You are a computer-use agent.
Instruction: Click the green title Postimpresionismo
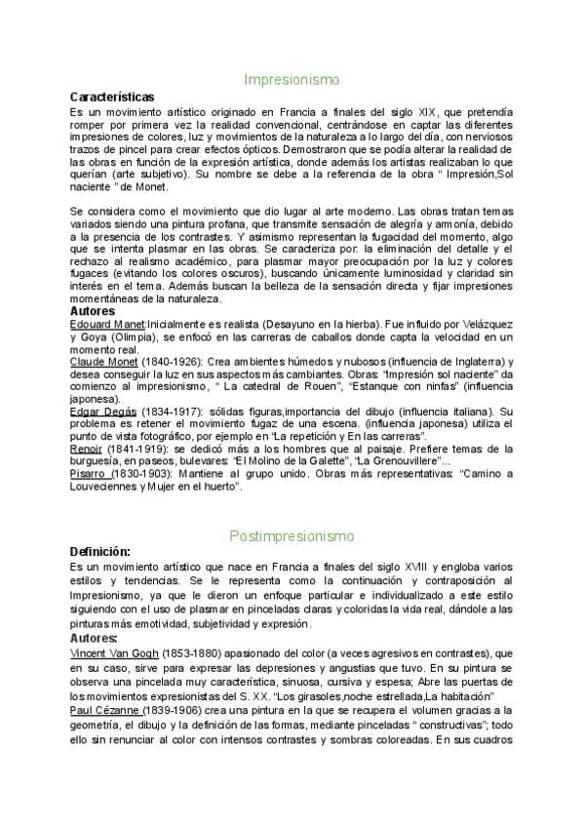point(292,535)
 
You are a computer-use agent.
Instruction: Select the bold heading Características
point(112,98)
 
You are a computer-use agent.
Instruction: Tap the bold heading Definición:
point(100,552)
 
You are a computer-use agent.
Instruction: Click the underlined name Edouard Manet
point(107,324)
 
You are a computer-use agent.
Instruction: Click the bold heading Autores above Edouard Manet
point(96,311)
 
